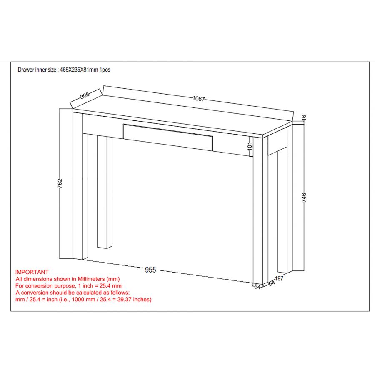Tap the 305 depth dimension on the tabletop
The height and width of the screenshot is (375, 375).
coord(85,95)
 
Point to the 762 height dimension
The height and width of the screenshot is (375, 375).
coord(60,183)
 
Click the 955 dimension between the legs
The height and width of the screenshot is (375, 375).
coord(150,270)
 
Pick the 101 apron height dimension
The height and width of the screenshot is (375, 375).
coord(250,146)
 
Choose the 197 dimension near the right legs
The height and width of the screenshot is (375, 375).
coord(279,279)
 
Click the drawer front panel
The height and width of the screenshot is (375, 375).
coord(168,136)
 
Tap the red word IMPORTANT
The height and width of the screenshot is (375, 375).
coord(32,272)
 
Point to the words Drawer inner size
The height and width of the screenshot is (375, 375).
coord(37,70)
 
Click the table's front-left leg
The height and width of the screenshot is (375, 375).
coord(78,187)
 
